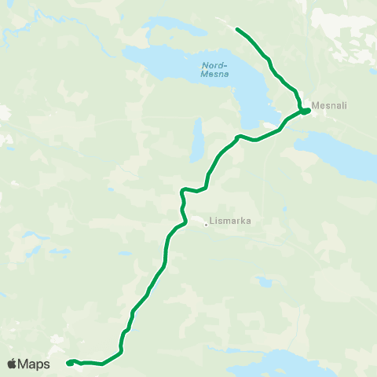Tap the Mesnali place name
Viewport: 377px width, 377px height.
click(330, 104)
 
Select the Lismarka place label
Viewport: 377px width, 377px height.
click(232, 222)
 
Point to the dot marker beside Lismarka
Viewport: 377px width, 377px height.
click(207, 225)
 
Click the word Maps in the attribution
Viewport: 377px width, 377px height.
click(35, 364)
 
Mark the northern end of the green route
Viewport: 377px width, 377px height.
click(237, 29)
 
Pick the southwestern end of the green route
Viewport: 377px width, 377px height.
click(68, 363)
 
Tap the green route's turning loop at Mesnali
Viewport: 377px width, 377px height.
click(305, 111)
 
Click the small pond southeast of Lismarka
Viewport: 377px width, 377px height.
click(262, 280)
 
